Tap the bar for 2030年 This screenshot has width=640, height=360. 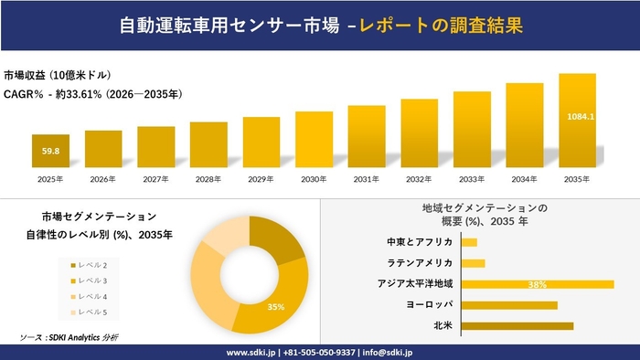pos(314,142)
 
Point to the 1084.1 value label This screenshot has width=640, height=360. pos(581,116)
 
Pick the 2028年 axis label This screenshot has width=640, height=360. pos(208,179)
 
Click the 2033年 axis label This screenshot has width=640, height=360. pos(472,179)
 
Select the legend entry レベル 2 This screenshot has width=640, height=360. pos(91,264)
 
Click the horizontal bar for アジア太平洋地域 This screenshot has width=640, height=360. pos(537,284)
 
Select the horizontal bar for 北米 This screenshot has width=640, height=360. pos(517,325)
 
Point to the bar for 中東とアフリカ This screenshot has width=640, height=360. pos(469,242)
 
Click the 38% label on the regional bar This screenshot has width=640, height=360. pos(537,284)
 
